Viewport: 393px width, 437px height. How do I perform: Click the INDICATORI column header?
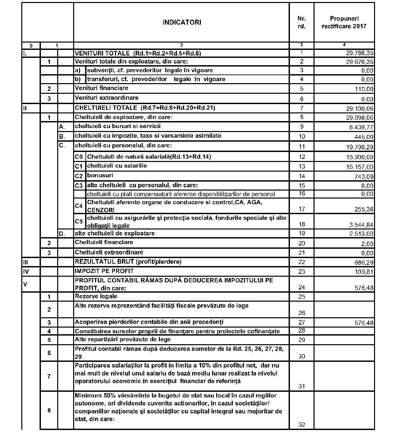(182, 23)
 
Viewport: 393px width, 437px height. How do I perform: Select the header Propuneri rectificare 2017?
(344, 22)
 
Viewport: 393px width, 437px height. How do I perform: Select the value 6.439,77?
(361, 127)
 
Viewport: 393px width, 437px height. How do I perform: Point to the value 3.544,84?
(361, 225)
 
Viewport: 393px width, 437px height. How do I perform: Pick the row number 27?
(302, 322)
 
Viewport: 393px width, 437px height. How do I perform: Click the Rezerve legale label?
(96, 296)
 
